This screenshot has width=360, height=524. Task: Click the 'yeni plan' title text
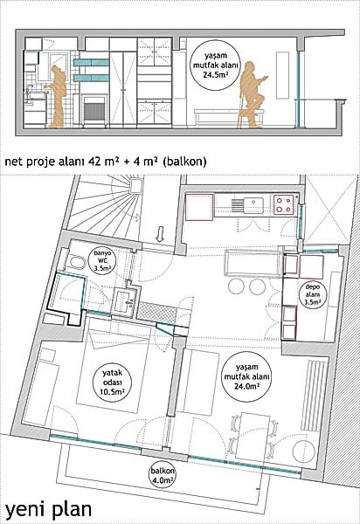(x=48, y=510)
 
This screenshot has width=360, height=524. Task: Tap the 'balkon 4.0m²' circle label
(x=163, y=476)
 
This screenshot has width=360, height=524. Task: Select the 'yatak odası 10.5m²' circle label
(x=112, y=382)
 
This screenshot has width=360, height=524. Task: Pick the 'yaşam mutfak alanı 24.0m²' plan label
(x=247, y=376)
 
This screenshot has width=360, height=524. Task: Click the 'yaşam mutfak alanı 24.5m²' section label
(x=216, y=65)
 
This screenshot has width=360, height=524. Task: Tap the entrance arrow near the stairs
(x=160, y=234)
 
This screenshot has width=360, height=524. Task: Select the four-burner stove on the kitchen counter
(x=284, y=204)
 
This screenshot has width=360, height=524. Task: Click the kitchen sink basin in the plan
(x=253, y=205)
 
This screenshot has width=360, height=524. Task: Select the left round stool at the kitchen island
(x=237, y=286)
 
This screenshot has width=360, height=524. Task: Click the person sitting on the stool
(x=253, y=94)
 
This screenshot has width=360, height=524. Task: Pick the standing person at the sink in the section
(x=58, y=97)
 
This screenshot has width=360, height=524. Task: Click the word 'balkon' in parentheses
(x=185, y=162)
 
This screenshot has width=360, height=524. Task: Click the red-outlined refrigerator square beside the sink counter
(x=199, y=208)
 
